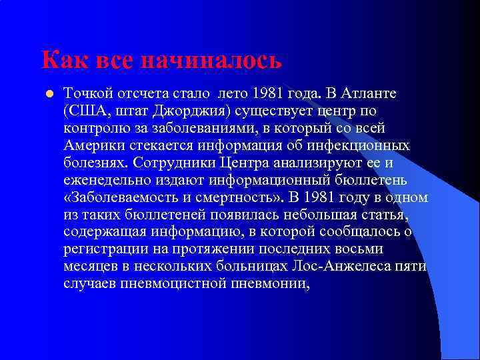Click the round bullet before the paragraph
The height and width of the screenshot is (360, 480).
pyautogui.click(x=49, y=93)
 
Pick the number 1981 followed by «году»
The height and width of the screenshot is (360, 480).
pyautogui.click(x=323, y=198)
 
